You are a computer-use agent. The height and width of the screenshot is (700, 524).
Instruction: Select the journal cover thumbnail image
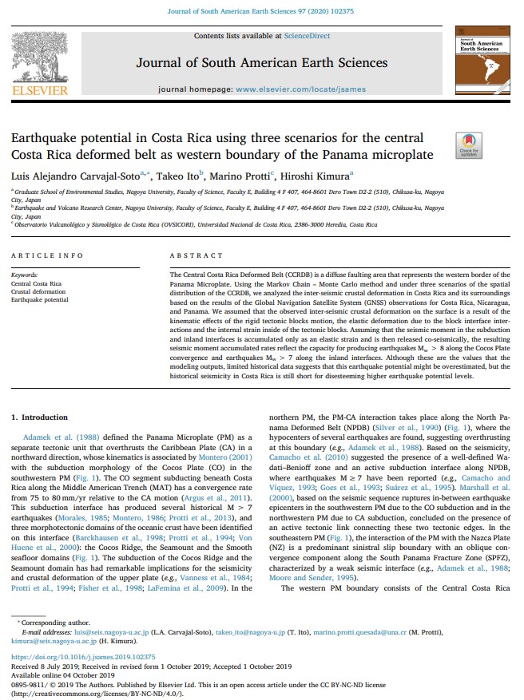(482, 61)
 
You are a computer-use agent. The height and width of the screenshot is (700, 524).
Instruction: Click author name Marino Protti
(250, 175)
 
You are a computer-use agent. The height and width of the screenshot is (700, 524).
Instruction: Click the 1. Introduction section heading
(45, 417)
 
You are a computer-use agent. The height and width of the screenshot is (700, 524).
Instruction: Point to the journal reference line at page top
(261, 10)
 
